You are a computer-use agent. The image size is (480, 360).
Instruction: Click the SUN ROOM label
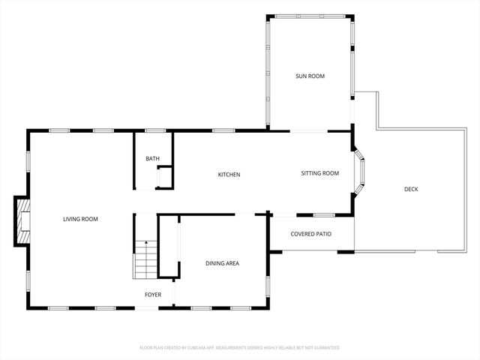click(310, 76)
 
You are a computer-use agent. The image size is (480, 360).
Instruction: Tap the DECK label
click(411, 189)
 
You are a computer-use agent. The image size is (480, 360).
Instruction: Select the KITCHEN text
click(229, 175)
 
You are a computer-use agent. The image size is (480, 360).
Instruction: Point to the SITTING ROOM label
click(320, 173)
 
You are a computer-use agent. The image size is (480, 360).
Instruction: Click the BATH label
click(152, 158)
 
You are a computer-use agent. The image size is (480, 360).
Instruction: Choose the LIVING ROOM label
click(80, 219)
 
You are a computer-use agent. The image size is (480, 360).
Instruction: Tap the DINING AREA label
click(223, 263)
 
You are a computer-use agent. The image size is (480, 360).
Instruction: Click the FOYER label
click(153, 295)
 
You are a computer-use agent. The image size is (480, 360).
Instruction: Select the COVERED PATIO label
click(311, 234)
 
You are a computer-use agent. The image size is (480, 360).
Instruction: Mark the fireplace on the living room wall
click(23, 220)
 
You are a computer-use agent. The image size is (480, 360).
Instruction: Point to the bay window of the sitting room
click(361, 173)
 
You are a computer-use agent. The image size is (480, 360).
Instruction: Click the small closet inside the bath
click(164, 178)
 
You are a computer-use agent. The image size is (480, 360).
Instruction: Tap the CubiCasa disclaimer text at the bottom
click(240, 348)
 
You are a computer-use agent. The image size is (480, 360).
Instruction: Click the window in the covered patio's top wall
click(324, 215)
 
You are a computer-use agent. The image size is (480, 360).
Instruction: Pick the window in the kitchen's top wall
click(223, 131)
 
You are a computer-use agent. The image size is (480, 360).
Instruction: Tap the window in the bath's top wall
click(155, 131)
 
